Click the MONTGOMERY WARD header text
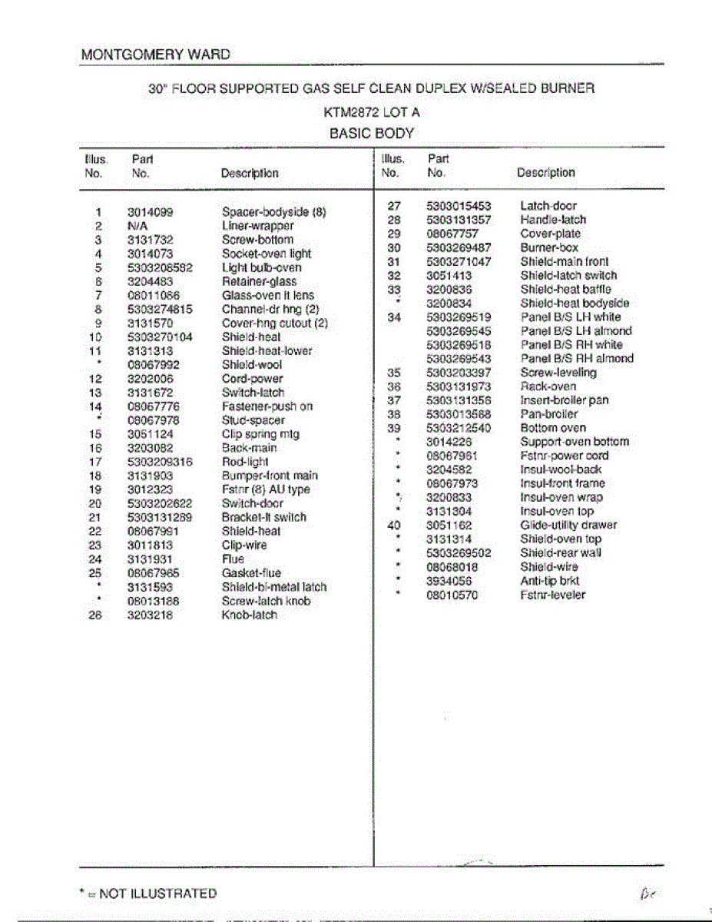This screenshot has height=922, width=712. point(155,55)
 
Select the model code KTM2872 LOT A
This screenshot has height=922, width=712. point(372,111)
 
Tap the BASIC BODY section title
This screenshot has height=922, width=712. point(372,133)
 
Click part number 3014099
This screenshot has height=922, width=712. point(150,212)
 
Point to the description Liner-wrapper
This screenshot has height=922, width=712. point(257,226)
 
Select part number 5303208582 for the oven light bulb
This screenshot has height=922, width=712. point(160,267)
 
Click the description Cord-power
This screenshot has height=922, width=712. point(252,379)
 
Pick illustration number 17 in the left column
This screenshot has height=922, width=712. point(95,462)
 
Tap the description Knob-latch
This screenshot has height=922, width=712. point(250,615)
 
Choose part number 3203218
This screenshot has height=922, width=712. point(150,615)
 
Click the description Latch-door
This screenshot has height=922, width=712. point(548,206)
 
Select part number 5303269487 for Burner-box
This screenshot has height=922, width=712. point(459,247)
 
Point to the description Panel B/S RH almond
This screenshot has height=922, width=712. point(577,359)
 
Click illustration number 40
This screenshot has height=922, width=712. point(394,526)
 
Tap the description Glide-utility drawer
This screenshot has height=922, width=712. point(568,526)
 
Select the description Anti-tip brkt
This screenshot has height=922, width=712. point(550,581)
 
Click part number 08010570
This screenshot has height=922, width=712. point(452,595)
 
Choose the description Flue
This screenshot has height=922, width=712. point(233,559)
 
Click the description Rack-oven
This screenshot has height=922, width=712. point(548,386)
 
